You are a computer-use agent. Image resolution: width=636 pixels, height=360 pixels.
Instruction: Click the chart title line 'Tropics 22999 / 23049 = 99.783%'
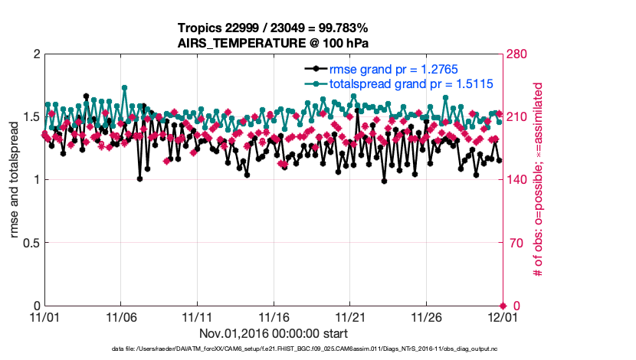coord(272,28)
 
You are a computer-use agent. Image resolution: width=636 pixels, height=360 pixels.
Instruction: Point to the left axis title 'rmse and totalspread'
coord(15,180)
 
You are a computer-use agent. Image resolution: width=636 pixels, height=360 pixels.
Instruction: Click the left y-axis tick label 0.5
coord(30,243)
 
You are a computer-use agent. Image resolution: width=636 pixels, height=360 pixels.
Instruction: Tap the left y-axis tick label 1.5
coord(30,117)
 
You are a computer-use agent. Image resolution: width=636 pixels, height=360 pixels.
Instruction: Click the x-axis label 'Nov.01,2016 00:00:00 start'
coord(274,333)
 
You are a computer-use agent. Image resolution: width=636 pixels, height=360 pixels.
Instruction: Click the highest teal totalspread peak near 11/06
coord(124,87)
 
